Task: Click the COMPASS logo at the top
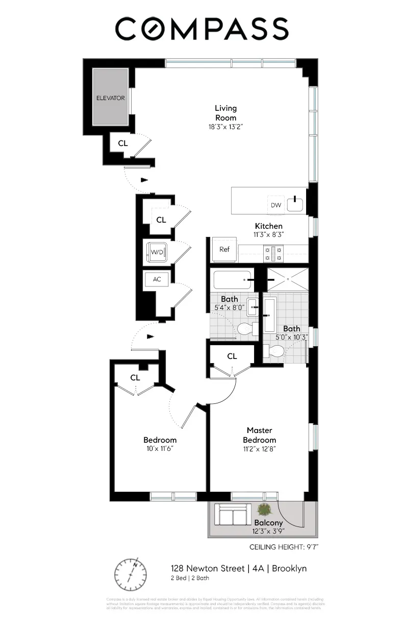(x=201, y=29)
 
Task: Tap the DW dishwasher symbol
(x=276, y=205)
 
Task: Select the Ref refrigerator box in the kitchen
(x=224, y=249)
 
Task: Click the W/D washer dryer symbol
(x=156, y=252)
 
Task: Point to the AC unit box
(x=157, y=279)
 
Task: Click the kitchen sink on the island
(x=295, y=204)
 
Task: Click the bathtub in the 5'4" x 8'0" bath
(x=232, y=280)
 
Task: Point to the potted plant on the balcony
(x=264, y=509)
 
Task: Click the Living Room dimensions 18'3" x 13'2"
(x=225, y=127)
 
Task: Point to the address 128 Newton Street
(x=207, y=568)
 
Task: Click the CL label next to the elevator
(x=123, y=143)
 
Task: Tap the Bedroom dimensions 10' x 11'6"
(x=160, y=449)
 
